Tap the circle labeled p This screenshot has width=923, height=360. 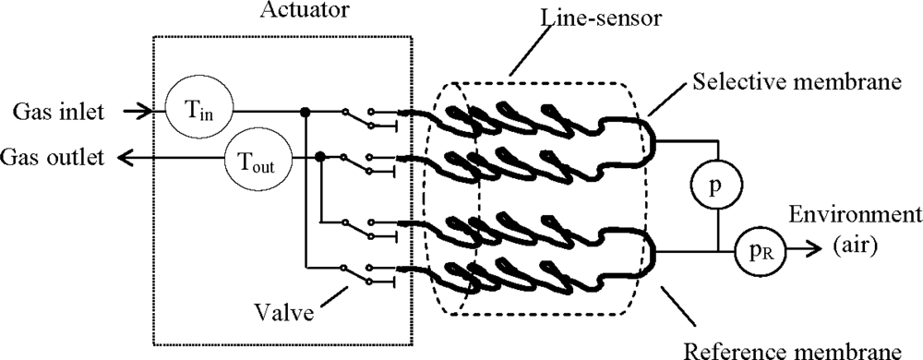coord(717,184)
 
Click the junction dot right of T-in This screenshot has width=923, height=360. coord(305,113)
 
